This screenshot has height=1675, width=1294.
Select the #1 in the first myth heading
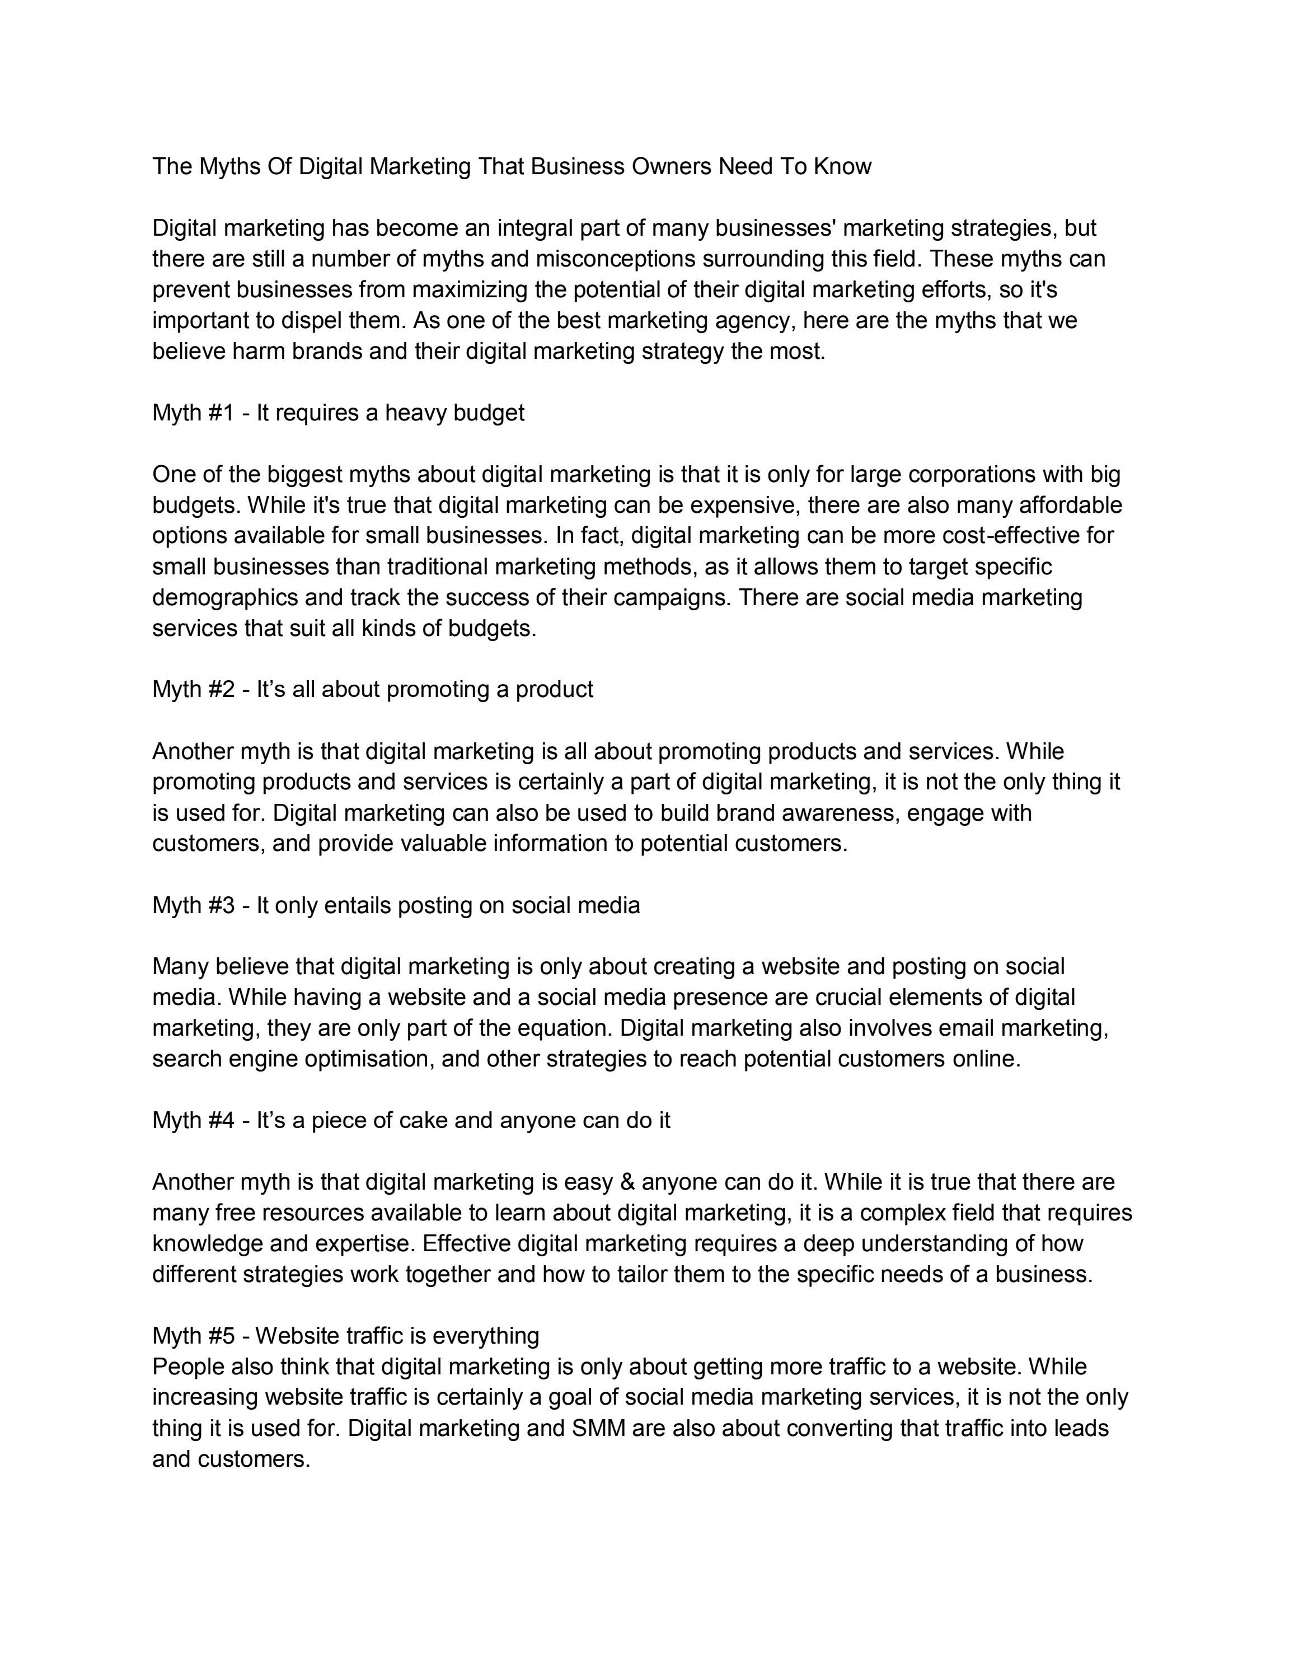pos(220,413)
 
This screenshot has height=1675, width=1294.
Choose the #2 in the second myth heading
pos(220,690)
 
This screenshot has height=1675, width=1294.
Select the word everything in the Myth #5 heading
pos(485,1336)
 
